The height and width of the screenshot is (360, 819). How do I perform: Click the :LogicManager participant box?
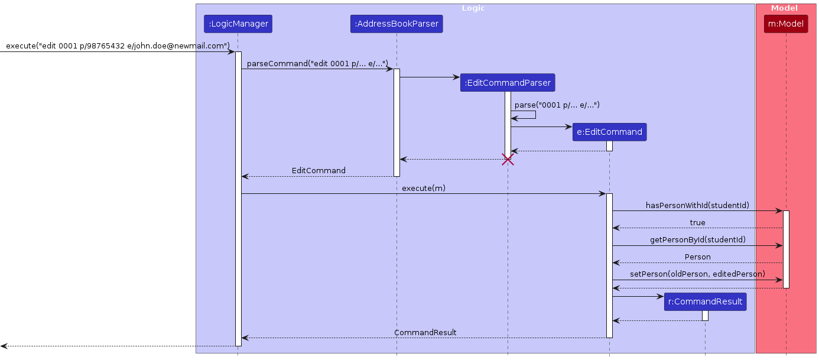pyautogui.click(x=238, y=24)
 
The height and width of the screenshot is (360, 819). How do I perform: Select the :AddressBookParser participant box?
pyautogui.click(x=396, y=24)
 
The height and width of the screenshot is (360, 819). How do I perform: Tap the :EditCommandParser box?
pyautogui.click(x=508, y=83)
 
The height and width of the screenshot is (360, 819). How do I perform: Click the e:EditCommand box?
pyautogui.click(x=609, y=132)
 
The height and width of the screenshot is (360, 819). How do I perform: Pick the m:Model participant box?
pyautogui.click(x=785, y=24)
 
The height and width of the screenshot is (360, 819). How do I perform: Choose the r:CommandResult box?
pyautogui.click(x=704, y=301)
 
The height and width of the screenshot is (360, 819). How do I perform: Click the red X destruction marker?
pyautogui.click(x=508, y=160)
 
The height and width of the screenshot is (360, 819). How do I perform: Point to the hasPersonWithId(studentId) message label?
pyautogui.click(x=697, y=206)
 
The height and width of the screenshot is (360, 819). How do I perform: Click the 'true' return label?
pyautogui.click(x=697, y=223)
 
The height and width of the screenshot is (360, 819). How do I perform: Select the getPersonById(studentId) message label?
pyautogui.click(x=697, y=240)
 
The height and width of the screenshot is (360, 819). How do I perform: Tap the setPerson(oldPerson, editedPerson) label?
pyautogui.click(x=697, y=274)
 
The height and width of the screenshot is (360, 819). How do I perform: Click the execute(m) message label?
pyautogui.click(x=423, y=189)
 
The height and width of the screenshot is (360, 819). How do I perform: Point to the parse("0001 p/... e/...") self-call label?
pyautogui.click(x=557, y=105)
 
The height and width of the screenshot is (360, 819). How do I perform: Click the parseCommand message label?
pyautogui.click(x=317, y=63)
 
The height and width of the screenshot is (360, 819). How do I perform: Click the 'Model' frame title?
pyautogui.click(x=784, y=8)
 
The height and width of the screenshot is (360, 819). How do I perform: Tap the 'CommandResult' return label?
pyautogui.click(x=425, y=333)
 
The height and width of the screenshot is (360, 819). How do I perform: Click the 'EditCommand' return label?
pyautogui.click(x=318, y=171)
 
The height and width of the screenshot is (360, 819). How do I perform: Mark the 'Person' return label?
pyautogui.click(x=697, y=257)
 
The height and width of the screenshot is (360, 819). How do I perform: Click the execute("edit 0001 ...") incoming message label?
pyautogui.click(x=118, y=46)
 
